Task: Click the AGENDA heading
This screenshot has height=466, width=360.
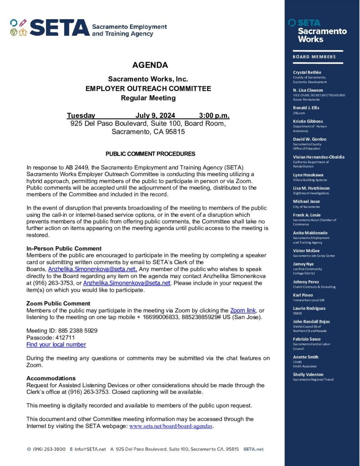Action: [x=150, y=65]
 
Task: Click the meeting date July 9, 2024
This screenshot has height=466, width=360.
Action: [x=155, y=115]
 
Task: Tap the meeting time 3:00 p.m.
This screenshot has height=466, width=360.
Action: [x=214, y=115]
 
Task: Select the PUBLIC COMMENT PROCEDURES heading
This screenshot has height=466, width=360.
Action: [x=150, y=154]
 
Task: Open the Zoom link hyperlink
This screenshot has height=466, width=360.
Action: [x=243, y=310]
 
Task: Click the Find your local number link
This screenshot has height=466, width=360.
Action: [x=56, y=344]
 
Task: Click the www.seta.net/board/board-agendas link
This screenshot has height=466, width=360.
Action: [x=171, y=426]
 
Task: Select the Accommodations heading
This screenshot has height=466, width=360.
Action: [x=51, y=378]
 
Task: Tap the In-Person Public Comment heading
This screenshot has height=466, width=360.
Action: [x=64, y=249]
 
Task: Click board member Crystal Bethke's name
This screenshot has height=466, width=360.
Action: [x=307, y=72]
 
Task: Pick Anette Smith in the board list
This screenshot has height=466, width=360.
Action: [x=306, y=357]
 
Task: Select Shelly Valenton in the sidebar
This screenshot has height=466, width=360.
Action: [x=308, y=375]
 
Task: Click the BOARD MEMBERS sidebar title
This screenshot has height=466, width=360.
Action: [x=314, y=57]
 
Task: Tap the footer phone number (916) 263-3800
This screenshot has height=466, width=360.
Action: [x=49, y=449]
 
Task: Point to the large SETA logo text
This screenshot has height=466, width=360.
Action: [x=59, y=28]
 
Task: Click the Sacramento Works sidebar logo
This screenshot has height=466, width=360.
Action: [x=318, y=31]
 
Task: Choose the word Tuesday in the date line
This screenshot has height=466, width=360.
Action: [x=81, y=115]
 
